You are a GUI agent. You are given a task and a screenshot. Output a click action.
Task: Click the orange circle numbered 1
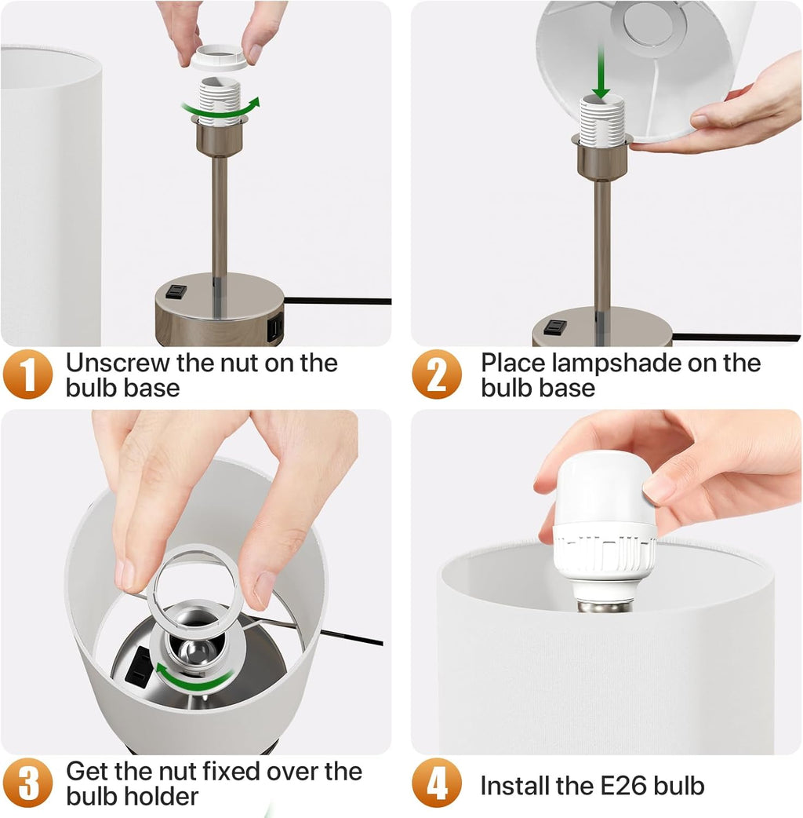coord(27,374)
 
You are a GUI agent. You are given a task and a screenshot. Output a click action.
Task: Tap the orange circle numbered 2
coord(437,374)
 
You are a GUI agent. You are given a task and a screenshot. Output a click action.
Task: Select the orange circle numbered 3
coord(27,783)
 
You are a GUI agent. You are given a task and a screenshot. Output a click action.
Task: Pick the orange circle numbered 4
coord(437,783)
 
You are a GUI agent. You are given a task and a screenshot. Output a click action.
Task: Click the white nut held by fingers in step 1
coord(218,57)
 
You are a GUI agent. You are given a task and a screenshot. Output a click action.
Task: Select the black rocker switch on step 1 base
coord(176,291)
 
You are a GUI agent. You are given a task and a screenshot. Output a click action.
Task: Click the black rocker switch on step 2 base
coord(555,327)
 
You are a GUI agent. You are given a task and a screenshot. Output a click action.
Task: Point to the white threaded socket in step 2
coord(602,120)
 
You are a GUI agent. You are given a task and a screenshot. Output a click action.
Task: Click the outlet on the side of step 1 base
coord(275,328)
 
